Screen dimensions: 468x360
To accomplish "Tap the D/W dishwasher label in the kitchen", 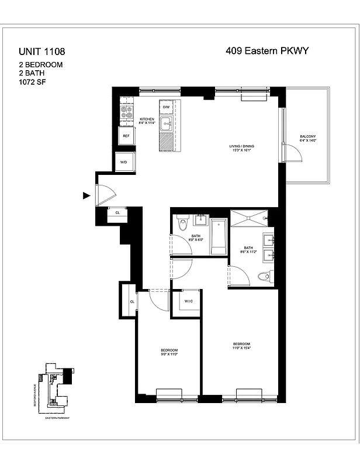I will click(166, 108).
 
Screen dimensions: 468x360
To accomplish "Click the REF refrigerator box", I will click(126, 136).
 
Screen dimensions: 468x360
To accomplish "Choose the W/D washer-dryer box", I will click(124, 162).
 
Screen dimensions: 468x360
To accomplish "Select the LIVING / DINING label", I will click(241, 147).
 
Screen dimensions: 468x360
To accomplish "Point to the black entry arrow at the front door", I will click(86, 196).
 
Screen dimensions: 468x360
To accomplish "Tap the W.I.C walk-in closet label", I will click(188, 302).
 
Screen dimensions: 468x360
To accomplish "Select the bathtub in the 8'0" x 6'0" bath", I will click(218, 236).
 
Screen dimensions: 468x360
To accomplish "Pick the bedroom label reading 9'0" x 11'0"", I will click(169, 352).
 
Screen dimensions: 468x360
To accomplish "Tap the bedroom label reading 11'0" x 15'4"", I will click(241, 346).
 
